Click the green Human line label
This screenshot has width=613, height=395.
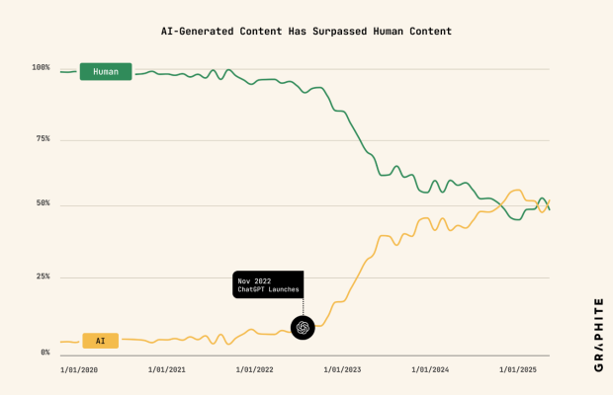[106, 72]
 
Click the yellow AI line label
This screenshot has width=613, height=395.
[100, 341]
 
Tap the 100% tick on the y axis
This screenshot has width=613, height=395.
[41, 68]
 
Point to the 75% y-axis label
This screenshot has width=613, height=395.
[43, 139]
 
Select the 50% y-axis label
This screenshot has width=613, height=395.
[43, 204]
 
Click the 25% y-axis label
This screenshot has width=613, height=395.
[43, 276]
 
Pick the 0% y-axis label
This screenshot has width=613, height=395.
[44, 353]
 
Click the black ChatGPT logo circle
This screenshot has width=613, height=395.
[303, 327]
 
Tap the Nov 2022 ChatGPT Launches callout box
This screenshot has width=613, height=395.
[267, 284]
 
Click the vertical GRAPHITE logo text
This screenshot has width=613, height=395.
[599, 335]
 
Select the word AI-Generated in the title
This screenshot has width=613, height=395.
[198, 32]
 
